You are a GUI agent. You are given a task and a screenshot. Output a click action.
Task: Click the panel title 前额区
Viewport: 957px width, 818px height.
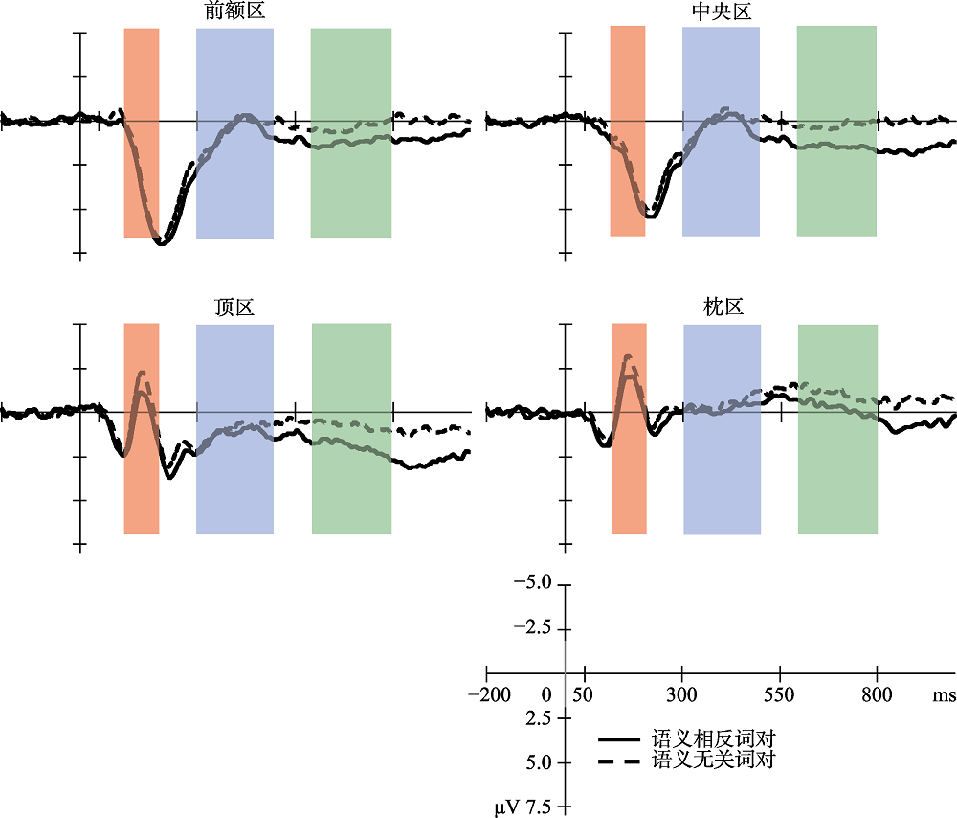coord(234,12)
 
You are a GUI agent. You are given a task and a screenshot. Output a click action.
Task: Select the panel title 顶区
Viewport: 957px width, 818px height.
coord(234,307)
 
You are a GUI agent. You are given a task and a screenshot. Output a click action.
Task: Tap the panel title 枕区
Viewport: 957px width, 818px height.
coord(723,307)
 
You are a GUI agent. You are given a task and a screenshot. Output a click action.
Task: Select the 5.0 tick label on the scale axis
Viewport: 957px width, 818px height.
coord(540,763)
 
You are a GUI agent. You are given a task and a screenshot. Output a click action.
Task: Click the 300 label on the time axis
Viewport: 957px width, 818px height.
coord(682,694)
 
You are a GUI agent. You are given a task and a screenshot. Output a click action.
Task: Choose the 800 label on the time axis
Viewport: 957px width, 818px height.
coord(878,694)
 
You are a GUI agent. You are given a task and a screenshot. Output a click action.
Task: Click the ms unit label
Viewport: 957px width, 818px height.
coord(944,694)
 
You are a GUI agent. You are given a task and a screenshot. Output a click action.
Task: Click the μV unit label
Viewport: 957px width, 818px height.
coord(506,808)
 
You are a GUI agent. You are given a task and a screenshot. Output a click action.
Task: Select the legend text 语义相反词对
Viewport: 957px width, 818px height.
coord(712,739)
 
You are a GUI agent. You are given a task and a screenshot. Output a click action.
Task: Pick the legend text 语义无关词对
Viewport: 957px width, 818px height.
coord(712,761)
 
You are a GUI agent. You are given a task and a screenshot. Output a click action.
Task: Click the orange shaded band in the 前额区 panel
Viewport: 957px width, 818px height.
coord(142,77)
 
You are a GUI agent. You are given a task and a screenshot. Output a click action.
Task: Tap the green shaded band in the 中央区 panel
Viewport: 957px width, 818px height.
coord(836,77)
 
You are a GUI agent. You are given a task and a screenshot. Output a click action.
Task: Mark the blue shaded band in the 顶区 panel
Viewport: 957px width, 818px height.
coord(234,479)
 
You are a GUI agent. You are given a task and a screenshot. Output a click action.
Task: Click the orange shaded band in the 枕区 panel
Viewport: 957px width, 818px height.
coord(629,479)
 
